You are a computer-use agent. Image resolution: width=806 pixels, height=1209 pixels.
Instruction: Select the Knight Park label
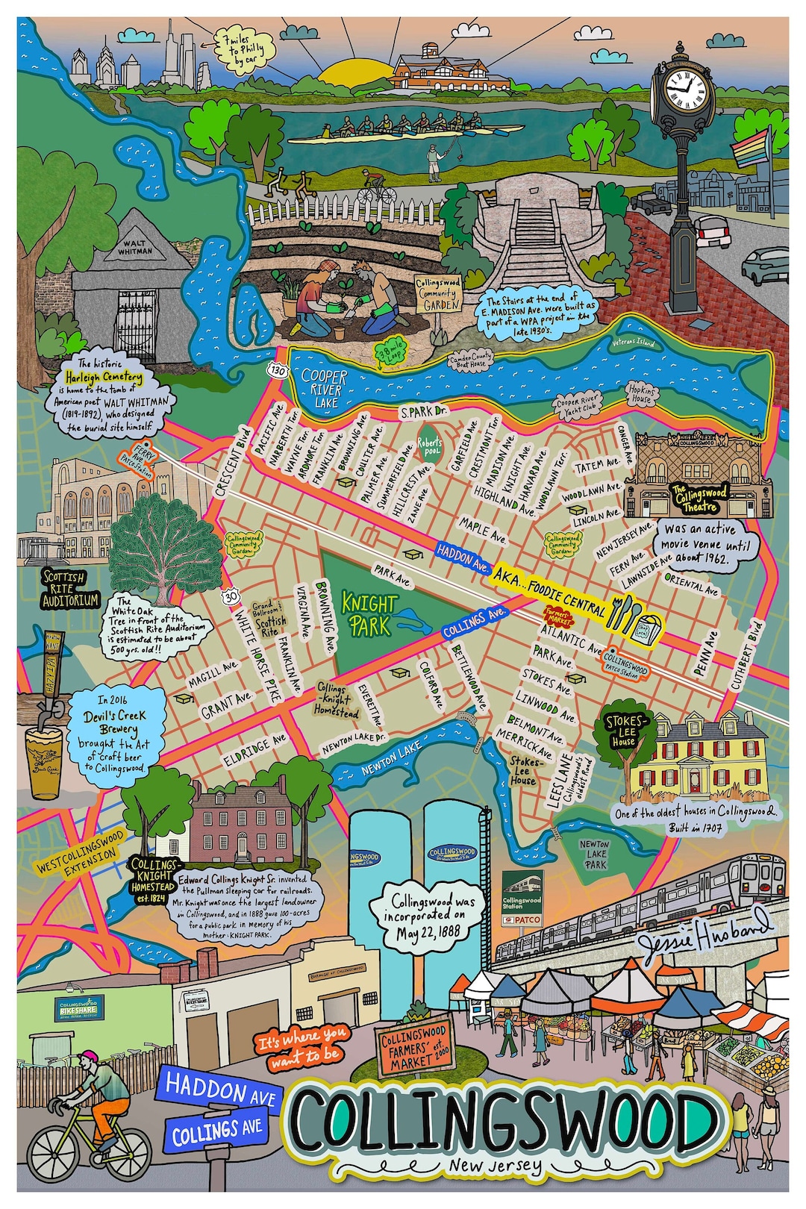click(x=369, y=613)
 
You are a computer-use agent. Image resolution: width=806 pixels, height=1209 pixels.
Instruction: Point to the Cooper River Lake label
click(x=323, y=388)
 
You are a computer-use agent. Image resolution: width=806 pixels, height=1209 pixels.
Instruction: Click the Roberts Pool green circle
click(x=429, y=446)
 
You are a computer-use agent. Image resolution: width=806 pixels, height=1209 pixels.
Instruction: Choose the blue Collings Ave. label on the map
click(x=475, y=621)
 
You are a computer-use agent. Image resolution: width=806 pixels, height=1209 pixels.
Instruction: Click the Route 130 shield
click(x=278, y=369)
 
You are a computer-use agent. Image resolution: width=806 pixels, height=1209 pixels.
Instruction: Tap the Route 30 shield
click(x=230, y=596)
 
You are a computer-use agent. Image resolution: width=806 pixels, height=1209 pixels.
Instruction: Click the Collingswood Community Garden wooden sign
click(x=438, y=294)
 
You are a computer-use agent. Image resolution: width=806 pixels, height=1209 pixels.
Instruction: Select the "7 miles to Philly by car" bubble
click(x=243, y=51)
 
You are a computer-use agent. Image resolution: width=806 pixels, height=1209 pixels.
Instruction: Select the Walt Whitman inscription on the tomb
click(x=135, y=247)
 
